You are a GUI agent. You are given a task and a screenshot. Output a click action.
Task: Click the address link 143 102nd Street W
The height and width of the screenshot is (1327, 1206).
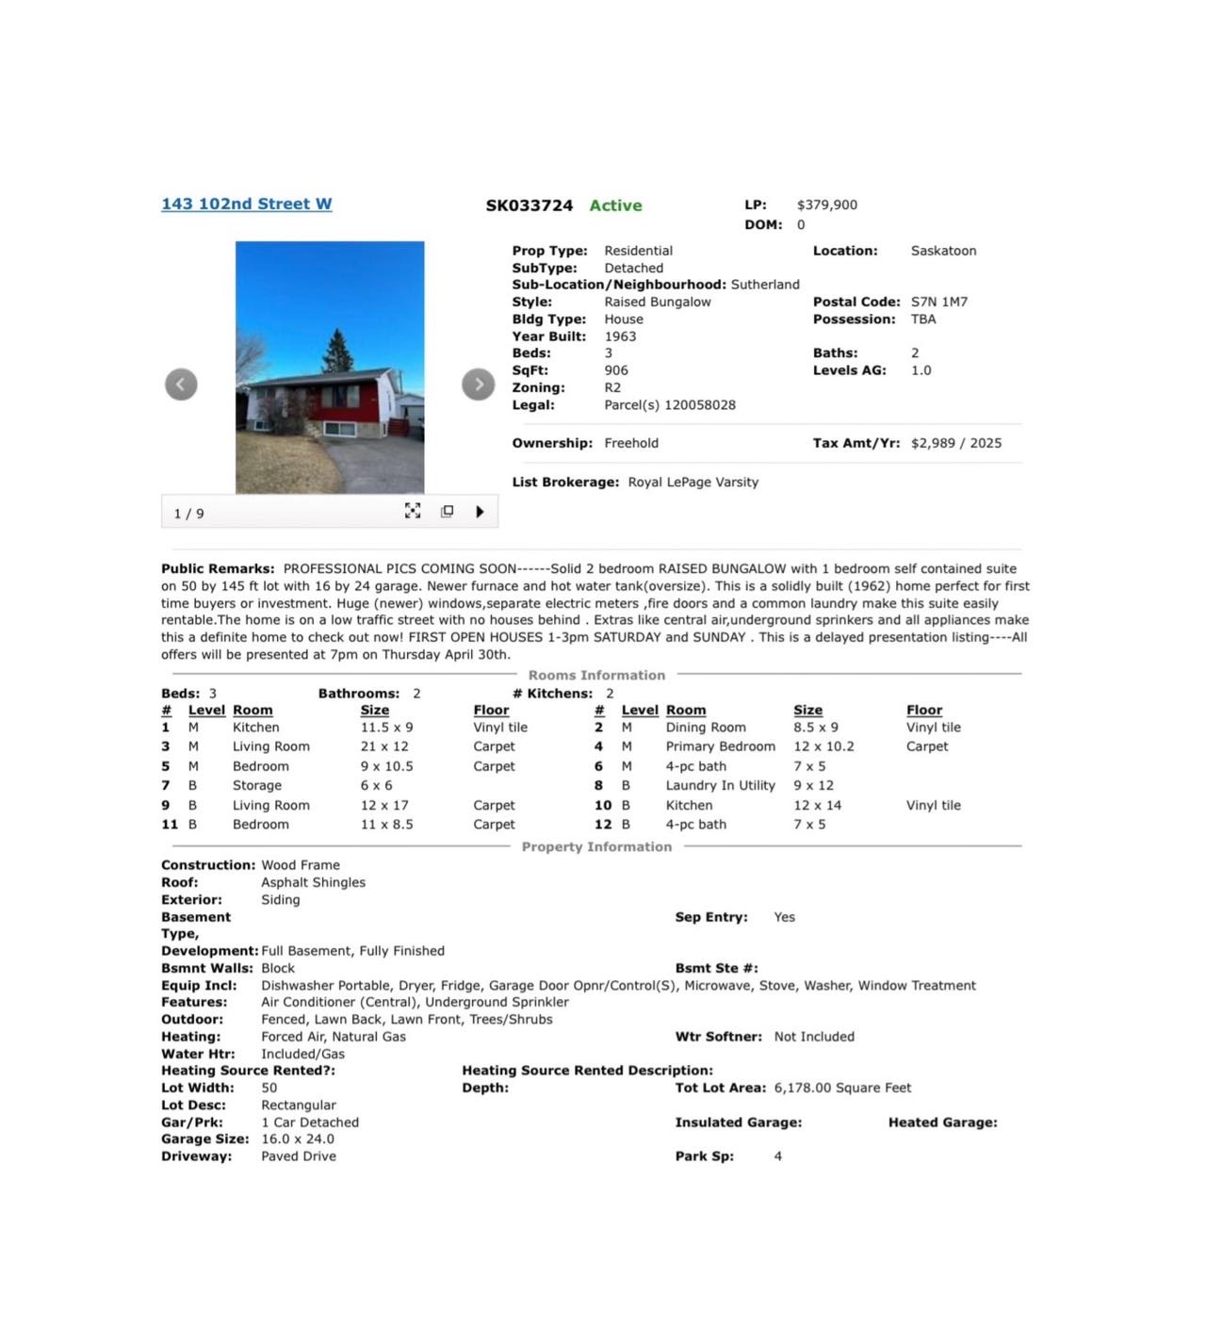246,204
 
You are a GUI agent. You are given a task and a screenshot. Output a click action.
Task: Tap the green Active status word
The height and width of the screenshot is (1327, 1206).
615,205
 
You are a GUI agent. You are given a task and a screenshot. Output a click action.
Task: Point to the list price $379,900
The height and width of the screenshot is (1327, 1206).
826,205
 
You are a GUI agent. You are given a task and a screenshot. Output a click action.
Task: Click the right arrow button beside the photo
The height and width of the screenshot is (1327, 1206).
479,384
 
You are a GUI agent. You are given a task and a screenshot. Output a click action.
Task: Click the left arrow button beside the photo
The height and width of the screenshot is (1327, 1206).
181,384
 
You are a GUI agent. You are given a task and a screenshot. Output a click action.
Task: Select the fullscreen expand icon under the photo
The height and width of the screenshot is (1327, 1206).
413,511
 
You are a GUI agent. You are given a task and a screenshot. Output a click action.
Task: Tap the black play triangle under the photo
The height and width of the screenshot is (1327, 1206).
480,512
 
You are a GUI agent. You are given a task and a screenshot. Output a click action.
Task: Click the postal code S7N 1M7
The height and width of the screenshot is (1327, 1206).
938,302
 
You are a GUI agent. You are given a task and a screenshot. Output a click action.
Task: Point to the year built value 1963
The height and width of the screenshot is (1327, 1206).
620,336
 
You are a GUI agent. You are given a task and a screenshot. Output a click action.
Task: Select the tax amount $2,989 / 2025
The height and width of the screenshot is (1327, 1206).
955,443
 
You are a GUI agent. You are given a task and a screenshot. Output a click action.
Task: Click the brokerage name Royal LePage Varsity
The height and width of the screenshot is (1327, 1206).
693,482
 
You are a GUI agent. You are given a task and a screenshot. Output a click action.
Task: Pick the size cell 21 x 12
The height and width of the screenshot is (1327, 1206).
384,746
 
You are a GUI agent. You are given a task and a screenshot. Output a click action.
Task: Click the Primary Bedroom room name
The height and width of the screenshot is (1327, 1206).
720,746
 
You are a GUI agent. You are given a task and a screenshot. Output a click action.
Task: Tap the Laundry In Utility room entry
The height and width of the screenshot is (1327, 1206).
720,785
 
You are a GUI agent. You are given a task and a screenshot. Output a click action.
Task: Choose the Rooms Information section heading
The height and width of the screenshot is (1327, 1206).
596,675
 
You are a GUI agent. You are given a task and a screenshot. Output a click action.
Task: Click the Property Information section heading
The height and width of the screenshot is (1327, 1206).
596,846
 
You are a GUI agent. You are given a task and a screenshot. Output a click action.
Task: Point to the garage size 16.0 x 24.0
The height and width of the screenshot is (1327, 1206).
298,1139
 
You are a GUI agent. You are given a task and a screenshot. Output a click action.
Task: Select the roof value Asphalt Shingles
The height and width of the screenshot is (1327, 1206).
313,882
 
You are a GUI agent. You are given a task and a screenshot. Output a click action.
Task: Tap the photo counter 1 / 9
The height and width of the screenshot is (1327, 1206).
188,514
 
